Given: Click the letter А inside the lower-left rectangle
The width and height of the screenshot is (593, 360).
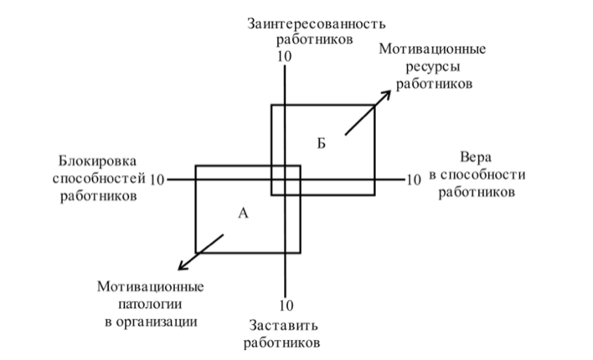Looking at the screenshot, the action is [x=243, y=213].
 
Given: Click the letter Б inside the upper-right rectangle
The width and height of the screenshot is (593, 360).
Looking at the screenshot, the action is [x=321, y=144].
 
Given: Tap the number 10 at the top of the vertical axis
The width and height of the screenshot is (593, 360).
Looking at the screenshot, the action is [x=285, y=56].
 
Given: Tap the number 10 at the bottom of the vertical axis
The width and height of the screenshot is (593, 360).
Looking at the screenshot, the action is [x=286, y=306].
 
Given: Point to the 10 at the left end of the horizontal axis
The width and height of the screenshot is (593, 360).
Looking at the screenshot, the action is [x=157, y=180].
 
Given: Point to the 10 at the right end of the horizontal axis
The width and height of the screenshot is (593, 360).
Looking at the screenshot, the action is [x=414, y=180].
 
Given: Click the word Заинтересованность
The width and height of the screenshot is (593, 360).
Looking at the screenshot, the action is [x=317, y=23].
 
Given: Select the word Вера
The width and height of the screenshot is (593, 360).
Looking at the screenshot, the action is [x=476, y=157].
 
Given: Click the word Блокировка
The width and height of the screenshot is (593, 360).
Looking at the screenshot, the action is [x=97, y=161].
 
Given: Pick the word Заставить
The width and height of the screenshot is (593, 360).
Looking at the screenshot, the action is [x=283, y=326].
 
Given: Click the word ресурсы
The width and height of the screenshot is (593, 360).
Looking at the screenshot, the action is [x=433, y=67].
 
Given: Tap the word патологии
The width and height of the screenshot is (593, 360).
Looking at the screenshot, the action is [x=150, y=304].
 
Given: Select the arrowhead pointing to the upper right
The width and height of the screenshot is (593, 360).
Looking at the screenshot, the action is [x=386, y=95].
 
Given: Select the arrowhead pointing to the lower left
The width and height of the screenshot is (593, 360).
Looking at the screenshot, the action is [x=183, y=266].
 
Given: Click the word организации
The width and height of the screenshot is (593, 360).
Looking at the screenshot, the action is [x=156, y=322].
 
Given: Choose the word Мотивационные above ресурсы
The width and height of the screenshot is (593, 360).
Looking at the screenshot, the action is [x=432, y=49].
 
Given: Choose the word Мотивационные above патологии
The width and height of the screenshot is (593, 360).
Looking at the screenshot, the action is [x=150, y=286].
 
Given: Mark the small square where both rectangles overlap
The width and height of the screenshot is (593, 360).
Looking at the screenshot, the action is [x=286, y=180].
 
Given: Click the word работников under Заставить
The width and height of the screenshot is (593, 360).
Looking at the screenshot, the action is [x=281, y=343].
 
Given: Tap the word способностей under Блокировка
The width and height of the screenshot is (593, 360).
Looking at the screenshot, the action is [x=99, y=178].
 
